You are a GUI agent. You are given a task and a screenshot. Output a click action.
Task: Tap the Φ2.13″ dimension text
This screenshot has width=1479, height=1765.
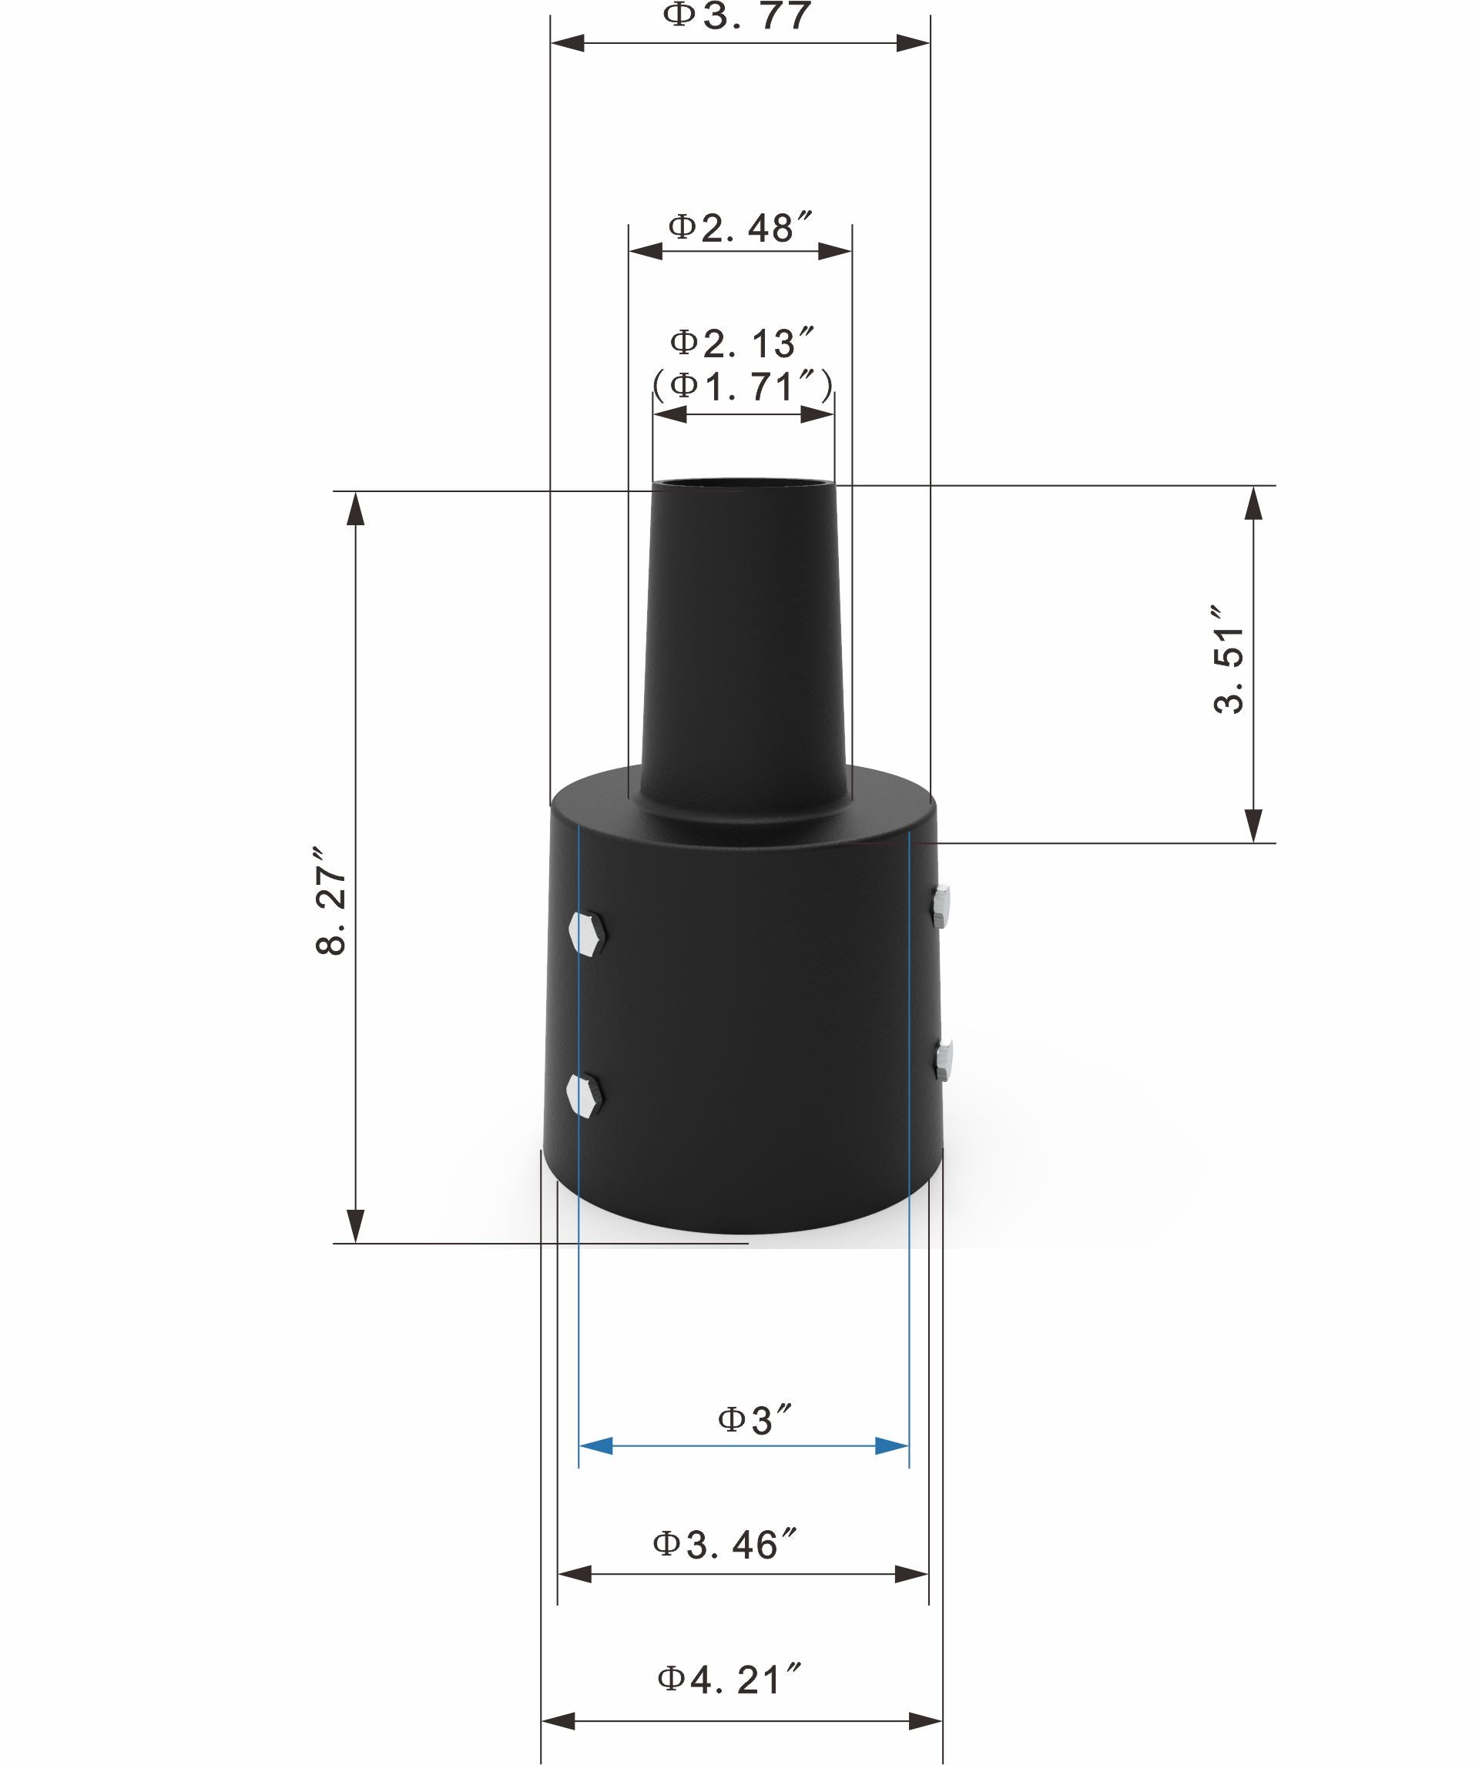[x=743, y=343]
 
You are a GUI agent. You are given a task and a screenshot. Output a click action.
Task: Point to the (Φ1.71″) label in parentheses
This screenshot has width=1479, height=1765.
[x=743, y=386]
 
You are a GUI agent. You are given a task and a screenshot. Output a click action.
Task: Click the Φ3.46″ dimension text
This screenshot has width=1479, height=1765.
[x=726, y=1545]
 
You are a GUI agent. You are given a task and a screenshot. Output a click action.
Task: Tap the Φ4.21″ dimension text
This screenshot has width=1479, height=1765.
[x=728, y=1680]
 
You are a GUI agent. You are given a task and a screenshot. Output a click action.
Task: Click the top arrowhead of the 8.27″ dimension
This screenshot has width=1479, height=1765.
[x=356, y=507]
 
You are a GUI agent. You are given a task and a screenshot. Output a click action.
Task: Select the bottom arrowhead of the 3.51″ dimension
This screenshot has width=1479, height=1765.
[x=1253, y=825]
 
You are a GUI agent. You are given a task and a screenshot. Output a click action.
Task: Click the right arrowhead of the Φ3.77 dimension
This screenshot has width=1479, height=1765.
[x=913, y=43]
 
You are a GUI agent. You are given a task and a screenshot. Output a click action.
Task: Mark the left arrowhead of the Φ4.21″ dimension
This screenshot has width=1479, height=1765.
[x=558, y=1720]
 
